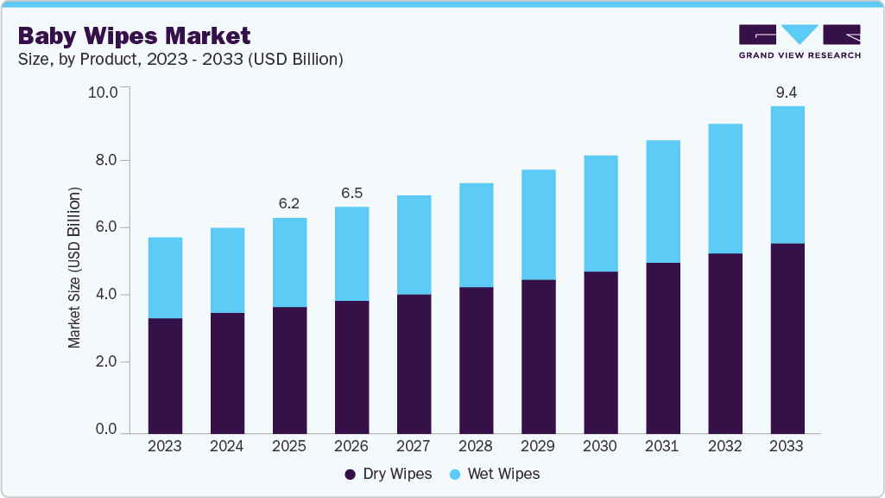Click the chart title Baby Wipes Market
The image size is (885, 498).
(134, 35)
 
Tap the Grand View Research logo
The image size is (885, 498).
(799, 41)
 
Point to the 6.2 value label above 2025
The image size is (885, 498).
(288, 203)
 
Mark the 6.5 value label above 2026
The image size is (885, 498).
(351, 192)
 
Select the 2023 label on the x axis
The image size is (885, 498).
(164, 446)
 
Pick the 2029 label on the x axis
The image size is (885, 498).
(537, 446)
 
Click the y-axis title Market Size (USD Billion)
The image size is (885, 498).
(74, 267)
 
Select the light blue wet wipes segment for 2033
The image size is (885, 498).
(787, 175)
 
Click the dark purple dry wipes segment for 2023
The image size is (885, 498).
(164, 375)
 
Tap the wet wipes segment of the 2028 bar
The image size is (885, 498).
(475, 234)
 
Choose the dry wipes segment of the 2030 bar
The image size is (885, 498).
(599, 352)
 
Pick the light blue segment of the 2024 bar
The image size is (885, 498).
(226, 270)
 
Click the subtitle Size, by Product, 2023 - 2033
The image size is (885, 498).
(181, 59)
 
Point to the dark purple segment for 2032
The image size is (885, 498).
(724, 342)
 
